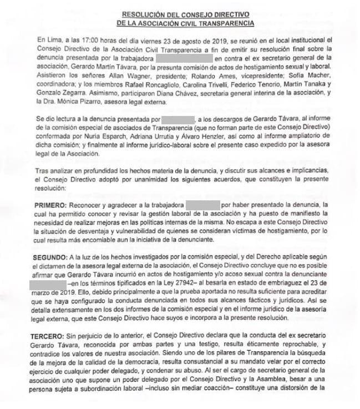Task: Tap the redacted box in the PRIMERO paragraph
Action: tap(203, 205)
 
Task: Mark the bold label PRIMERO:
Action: tap(53, 205)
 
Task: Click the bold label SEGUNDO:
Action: tap(54, 257)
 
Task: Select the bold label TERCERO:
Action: tap(54, 337)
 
